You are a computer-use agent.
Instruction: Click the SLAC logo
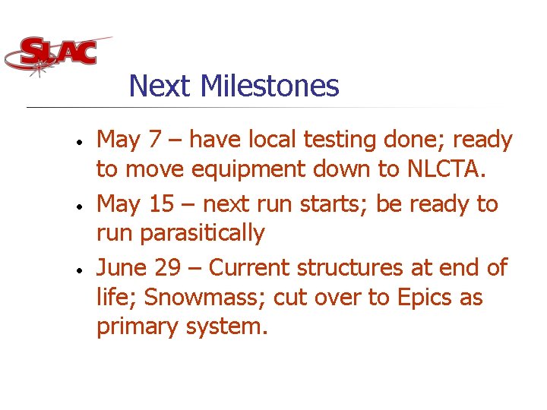pos(58,54)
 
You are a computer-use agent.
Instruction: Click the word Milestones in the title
pos(270,86)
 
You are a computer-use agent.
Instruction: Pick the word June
pos(125,268)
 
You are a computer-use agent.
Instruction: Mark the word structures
pos(354,268)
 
